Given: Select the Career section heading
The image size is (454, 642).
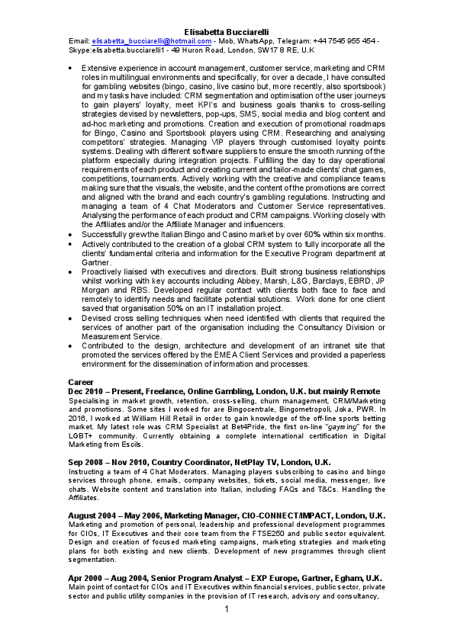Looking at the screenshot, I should click(80, 381).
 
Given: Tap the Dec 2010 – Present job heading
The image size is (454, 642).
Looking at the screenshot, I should click(224, 391).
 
